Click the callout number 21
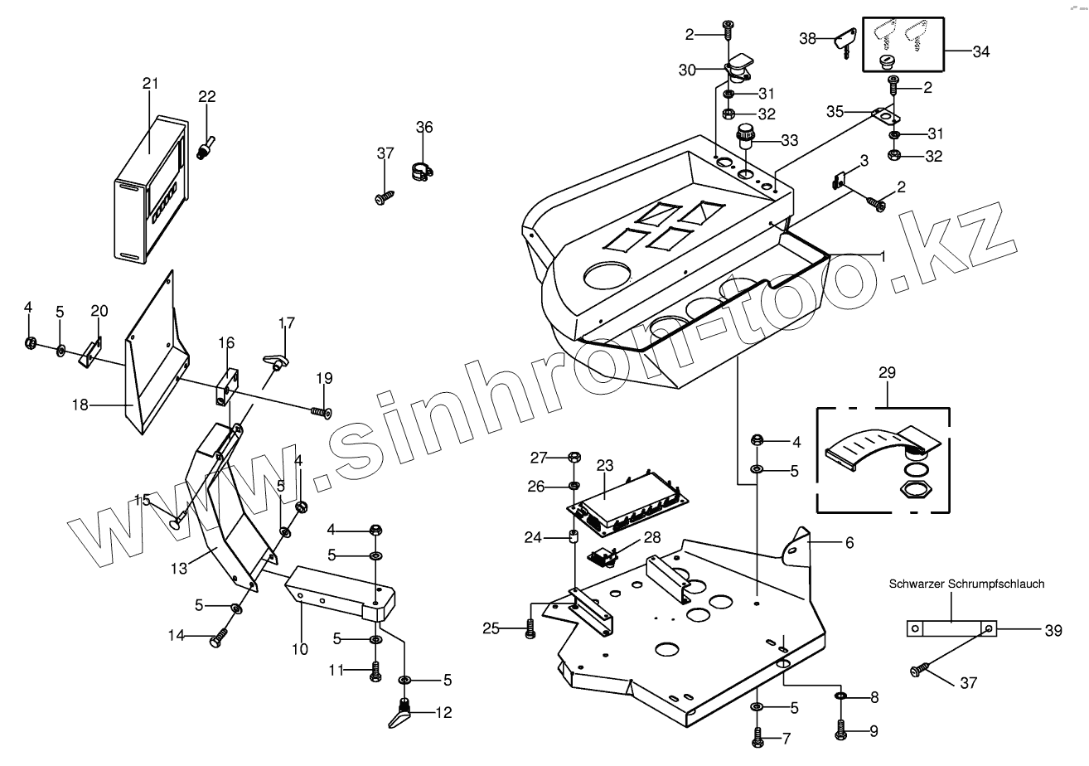click(x=149, y=84)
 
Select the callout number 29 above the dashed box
click(x=886, y=373)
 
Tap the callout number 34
click(x=980, y=51)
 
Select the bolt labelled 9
click(x=840, y=730)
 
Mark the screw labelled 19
click(x=321, y=410)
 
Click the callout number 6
click(x=849, y=543)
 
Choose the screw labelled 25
click(x=530, y=631)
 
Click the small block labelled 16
click(x=225, y=385)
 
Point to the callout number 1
click(x=883, y=256)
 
